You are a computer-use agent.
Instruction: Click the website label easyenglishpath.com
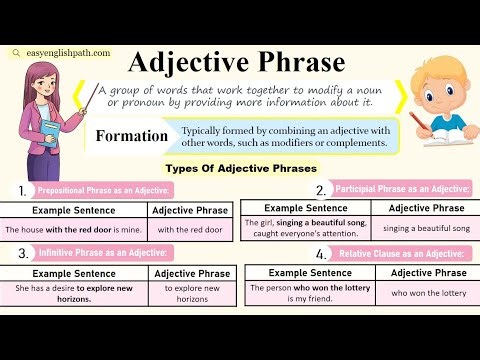tap(62, 54)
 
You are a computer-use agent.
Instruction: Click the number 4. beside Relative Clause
tap(321, 254)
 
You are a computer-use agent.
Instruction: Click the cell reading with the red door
tap(191, 229)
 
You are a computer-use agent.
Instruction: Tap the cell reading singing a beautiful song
tap(426, 229)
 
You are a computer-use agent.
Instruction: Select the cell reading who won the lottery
tap(427, 293)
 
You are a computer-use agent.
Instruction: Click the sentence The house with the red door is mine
tap(74, 229)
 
